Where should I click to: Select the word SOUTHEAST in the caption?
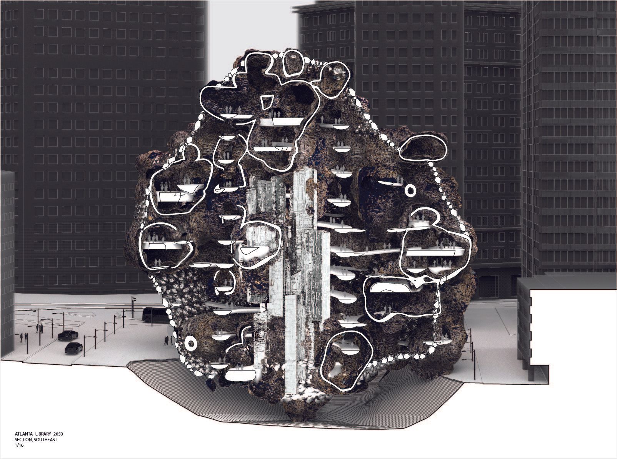45,440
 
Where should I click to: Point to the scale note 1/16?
18,446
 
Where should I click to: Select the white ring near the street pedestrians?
191,344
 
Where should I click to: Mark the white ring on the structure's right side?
410,190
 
